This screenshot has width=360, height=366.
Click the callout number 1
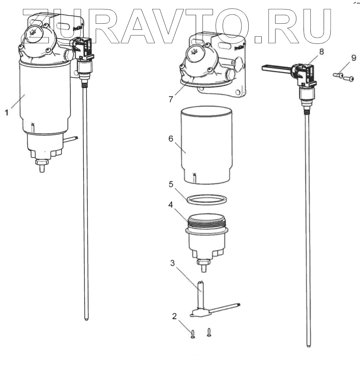[7, 113]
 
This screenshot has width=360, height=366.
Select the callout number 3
[173, 263]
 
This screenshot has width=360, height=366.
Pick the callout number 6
[171, 140]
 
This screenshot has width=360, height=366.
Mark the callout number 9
[354, 58]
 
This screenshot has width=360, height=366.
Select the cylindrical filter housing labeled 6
[206, 145]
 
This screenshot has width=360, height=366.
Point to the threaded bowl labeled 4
[206, 236]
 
